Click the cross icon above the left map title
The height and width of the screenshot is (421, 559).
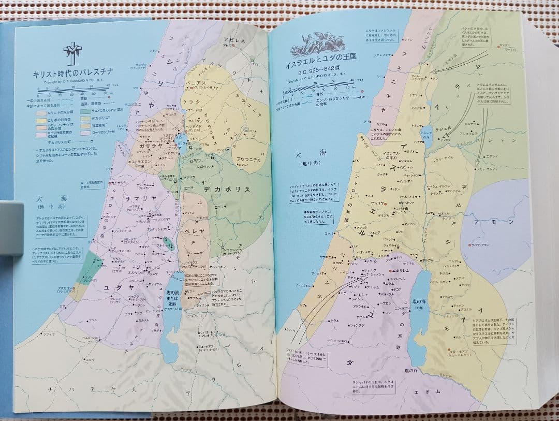click(72, 53)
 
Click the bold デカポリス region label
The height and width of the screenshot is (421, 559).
click(227, 189)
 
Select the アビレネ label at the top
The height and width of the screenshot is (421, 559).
click(234, 39)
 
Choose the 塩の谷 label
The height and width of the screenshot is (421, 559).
click(411, 371)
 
